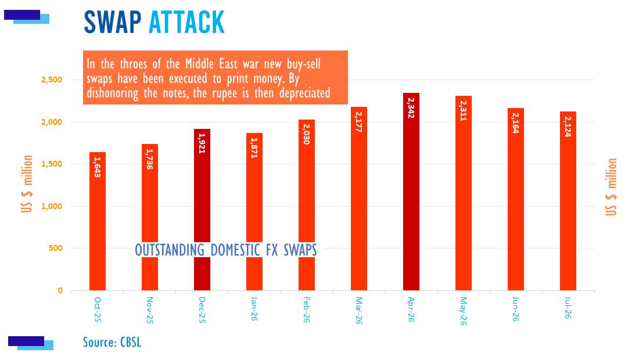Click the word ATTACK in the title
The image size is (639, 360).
pos(186,22)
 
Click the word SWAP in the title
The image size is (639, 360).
pos(113,22)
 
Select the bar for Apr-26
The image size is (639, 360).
pos(411,192)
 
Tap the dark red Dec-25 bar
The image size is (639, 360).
pos(202,210)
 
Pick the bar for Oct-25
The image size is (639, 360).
pos(98,222)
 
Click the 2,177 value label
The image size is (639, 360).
pos(358,122)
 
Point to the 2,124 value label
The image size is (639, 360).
pos(568,126)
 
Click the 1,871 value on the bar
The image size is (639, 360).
pos(254,148)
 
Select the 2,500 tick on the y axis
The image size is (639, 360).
pos(52,80)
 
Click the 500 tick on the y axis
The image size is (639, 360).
pos(55,248)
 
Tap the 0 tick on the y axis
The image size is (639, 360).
pos(60,290)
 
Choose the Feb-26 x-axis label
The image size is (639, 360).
pos(307,309)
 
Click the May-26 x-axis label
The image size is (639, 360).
pos(464,311)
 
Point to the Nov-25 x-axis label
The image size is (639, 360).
pos(149,310)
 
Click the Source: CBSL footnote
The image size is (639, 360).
pos(112,342)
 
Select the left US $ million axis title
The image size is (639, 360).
pos(27,183)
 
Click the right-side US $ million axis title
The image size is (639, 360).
pos(611,187)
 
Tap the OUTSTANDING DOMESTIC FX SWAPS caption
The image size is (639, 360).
pos(226,250)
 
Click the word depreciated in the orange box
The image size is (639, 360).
pos(305,93)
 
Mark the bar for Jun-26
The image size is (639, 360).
pos(515,200)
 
